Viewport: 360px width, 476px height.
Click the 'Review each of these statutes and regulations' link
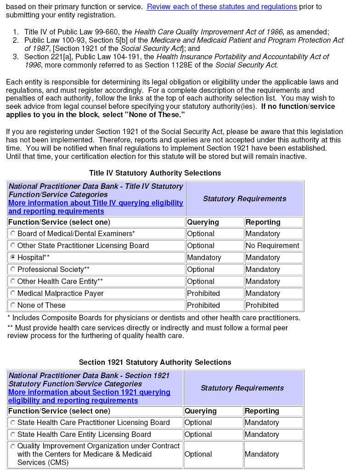click(222, 7)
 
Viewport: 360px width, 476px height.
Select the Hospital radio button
click(13, 257)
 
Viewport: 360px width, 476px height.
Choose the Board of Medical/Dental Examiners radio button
click(13, 233)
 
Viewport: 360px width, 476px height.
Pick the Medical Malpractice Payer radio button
click(13, 293)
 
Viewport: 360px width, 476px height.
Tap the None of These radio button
click(13, 305)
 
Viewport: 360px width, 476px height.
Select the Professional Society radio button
click(13, 269)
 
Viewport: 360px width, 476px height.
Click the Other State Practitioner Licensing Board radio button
click(13, 245)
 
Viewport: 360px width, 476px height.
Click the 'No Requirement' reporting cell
click(272, 245)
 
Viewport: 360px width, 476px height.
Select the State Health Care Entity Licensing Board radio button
click(13, 435)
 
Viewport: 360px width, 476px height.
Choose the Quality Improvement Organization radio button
click(13, 446)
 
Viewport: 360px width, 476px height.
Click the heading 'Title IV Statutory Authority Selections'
click(155, 173)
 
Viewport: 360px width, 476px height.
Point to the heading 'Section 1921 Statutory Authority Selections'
click(155, 362)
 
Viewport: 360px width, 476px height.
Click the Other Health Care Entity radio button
click(13, 281)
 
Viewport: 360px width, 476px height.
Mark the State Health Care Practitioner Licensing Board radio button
click(13, 423)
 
